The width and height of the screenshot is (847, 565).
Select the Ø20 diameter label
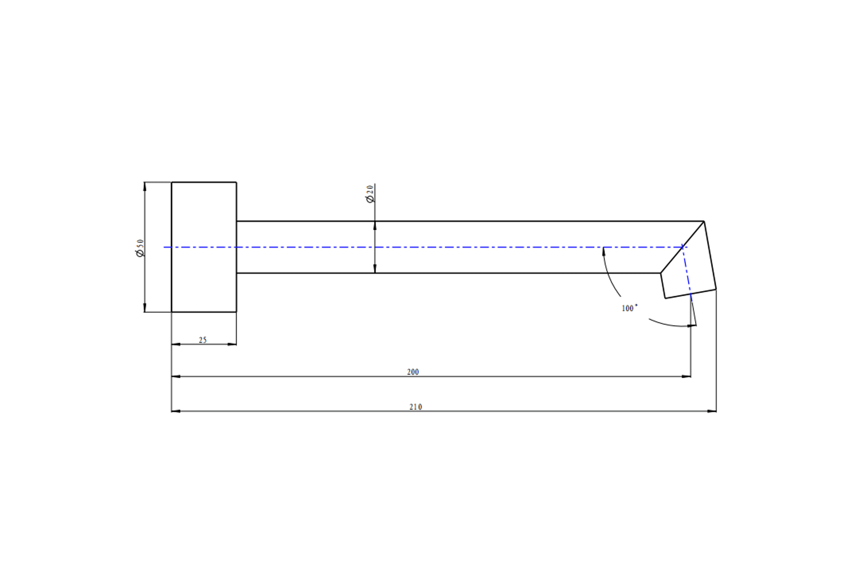(370, 194)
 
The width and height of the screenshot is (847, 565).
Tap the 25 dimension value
(203, 340)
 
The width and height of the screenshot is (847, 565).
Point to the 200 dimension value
(413, 372)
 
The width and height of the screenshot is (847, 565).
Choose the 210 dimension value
(416, 407)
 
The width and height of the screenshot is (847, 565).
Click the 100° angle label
(630, 308)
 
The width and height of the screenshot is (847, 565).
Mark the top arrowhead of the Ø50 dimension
(145, 186)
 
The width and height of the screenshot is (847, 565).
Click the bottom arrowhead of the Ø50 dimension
(145, 308)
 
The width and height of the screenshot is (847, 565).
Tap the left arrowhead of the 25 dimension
(176, 345)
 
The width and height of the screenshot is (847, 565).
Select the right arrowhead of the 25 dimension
(232, 345)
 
